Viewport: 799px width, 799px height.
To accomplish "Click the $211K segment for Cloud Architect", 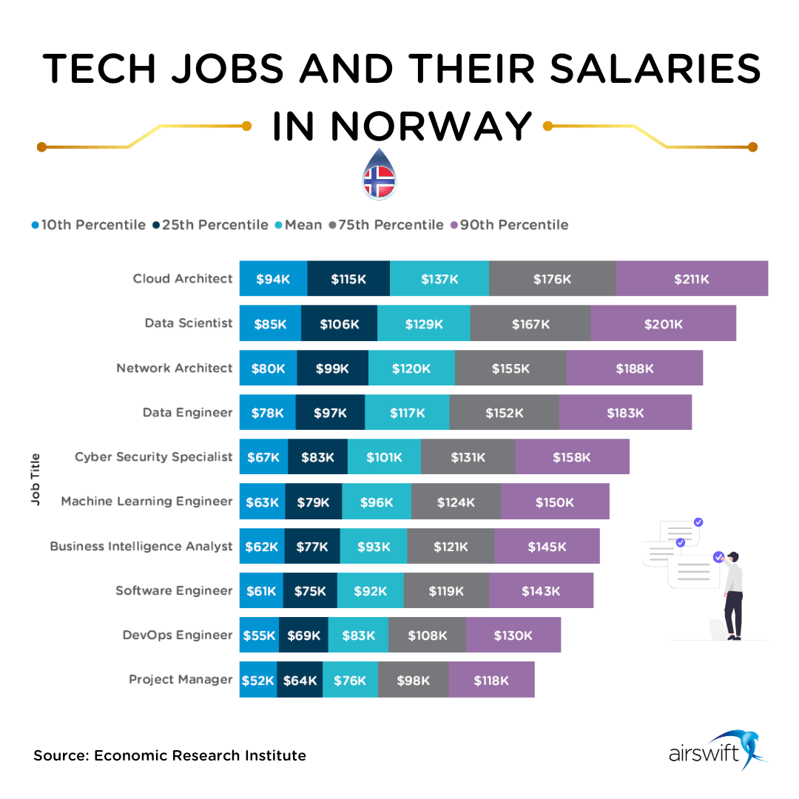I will pos(692,279).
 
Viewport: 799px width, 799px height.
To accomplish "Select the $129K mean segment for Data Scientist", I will pos(424,323).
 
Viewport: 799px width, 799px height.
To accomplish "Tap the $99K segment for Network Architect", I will pos(332,368).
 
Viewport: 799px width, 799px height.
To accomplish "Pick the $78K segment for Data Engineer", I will pos(268,412).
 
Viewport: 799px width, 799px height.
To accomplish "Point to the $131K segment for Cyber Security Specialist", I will pos(468,457).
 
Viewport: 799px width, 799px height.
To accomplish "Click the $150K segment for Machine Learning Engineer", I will pos(555,502).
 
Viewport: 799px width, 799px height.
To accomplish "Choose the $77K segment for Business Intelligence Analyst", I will pos(312,546).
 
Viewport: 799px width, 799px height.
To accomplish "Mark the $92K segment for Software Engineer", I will pos(371,590).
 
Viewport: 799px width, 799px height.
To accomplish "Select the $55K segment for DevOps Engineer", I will pos(259,635).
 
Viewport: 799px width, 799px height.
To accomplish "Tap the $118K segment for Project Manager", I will pos(491,680).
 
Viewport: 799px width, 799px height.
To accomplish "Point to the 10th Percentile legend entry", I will pos(89,224).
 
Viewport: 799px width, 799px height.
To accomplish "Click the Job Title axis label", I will pos(36,479).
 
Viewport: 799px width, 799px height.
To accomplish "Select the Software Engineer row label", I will pos(174,590).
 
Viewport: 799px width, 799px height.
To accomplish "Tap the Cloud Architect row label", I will pos(183,279).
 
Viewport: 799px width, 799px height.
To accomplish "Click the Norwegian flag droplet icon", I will pos(379,175).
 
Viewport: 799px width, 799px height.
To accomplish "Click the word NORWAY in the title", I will pos(431,126).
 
